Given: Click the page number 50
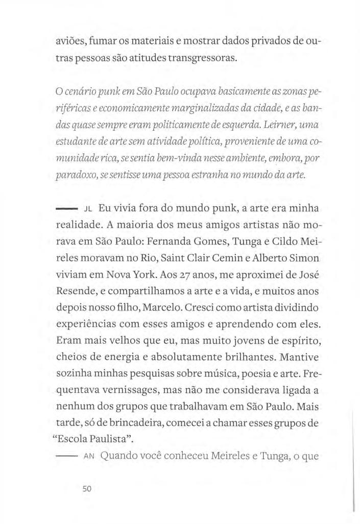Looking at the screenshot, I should (x=86, y=489).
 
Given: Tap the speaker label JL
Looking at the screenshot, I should (x=87, y=209).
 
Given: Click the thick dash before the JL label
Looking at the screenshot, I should (x=66, y=209).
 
